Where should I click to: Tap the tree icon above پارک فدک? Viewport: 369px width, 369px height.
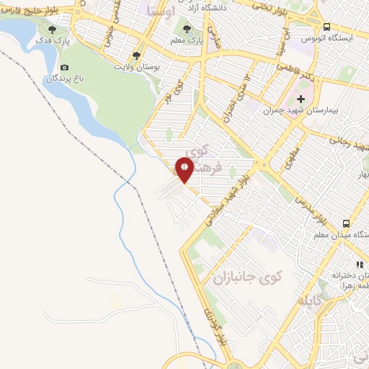click(x=52, y=30)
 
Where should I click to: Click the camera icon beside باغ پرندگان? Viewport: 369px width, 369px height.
click(x=65, y=67)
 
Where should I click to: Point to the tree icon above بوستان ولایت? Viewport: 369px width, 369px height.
click(x=136, y=55)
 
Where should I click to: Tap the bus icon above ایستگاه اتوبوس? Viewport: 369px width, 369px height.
click(x=328, y=27)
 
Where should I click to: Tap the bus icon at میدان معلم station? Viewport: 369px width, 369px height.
click(x=347, y=223)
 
